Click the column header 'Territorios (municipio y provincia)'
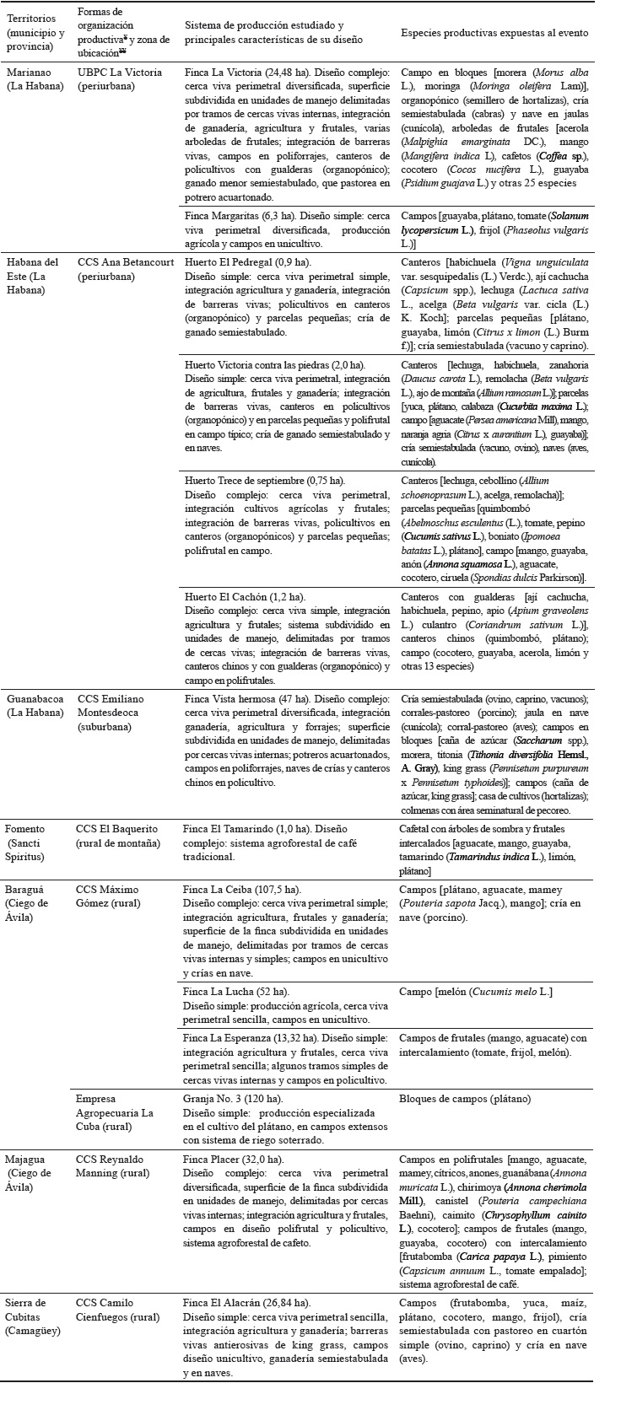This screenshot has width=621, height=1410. pyautogui.click(x=36, y=33)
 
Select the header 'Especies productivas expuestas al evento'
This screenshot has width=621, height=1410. pyautogui.click(x=494, y=33)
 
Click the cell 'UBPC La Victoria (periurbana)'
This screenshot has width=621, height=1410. pyautogui.click(x=119, y=78)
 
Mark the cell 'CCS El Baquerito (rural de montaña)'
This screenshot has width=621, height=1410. pyautogui.click(x=118, y=835)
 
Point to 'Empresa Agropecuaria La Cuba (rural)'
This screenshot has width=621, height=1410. pyautogui.click(x=115, y=1113)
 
